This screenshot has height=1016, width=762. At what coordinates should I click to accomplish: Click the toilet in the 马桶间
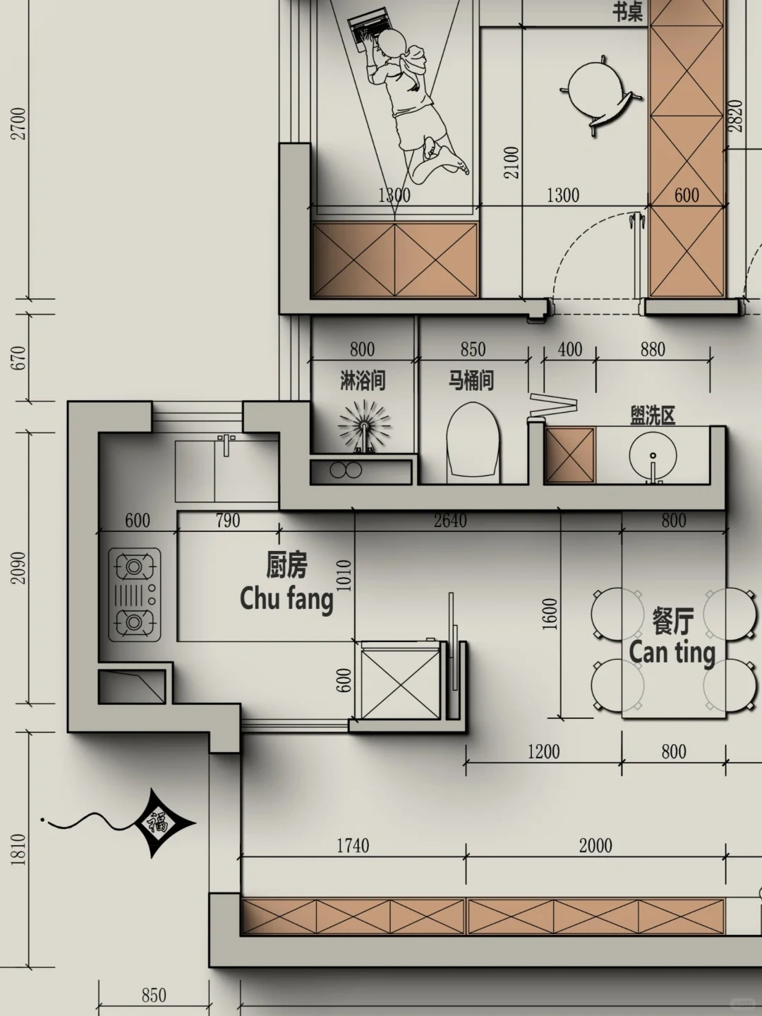(x=473, y=443)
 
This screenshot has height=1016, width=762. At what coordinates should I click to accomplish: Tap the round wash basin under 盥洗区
(x=653, y=456)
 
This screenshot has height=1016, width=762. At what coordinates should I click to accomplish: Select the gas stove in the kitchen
(x=135, y=595)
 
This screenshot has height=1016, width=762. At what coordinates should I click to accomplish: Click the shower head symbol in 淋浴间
(x=364, y=427)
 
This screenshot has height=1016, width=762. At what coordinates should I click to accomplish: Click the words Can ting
(x=672, y=653)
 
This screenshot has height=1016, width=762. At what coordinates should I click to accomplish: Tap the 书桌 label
(x=628, y=13)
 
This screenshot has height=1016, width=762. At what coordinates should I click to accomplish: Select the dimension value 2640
(x=450, y=521)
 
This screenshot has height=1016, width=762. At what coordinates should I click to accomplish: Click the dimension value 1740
(x=353, y=846)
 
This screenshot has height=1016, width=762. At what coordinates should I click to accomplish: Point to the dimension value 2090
(x=18, y=567)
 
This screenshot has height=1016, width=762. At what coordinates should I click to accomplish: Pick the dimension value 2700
(x=18, y=123)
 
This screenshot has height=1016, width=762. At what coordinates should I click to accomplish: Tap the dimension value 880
(x=653, y=349)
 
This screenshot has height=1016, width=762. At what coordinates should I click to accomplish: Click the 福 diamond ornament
(x=165, y=823)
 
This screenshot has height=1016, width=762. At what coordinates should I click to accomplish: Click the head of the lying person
(x=392, y=42)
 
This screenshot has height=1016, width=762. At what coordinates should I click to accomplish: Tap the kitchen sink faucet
(x=226, y=445)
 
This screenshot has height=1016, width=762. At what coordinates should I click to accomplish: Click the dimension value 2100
(x=512, y=162)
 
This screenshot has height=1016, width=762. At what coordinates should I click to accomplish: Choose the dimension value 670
(x=18, y=357)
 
